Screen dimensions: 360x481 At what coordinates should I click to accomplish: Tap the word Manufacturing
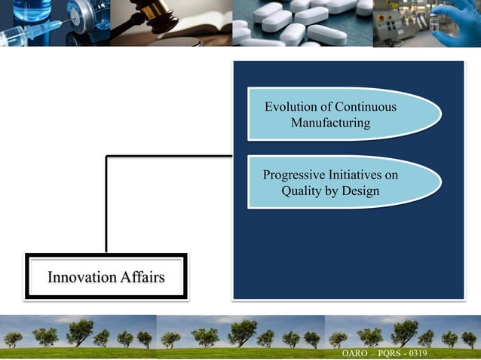[x=330, y=122]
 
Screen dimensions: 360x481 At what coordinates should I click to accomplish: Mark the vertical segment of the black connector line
[x=106, y=203]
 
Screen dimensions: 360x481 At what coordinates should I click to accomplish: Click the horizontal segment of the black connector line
[x=170, y=157]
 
